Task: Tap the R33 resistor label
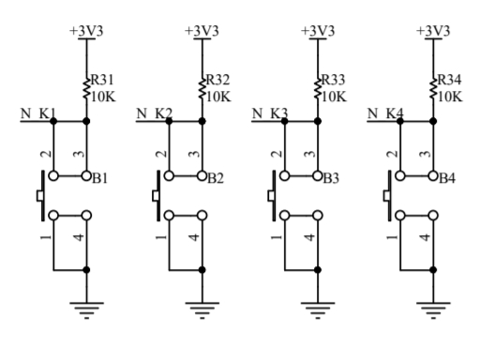(x=333, y=79)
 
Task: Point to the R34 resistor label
(x=449, y=79)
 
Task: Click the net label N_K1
(x=38, y=115)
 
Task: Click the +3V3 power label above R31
(x=86, y=30)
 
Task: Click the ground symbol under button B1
(x=86, y=307)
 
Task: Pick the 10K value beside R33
(x=333, y=95)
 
